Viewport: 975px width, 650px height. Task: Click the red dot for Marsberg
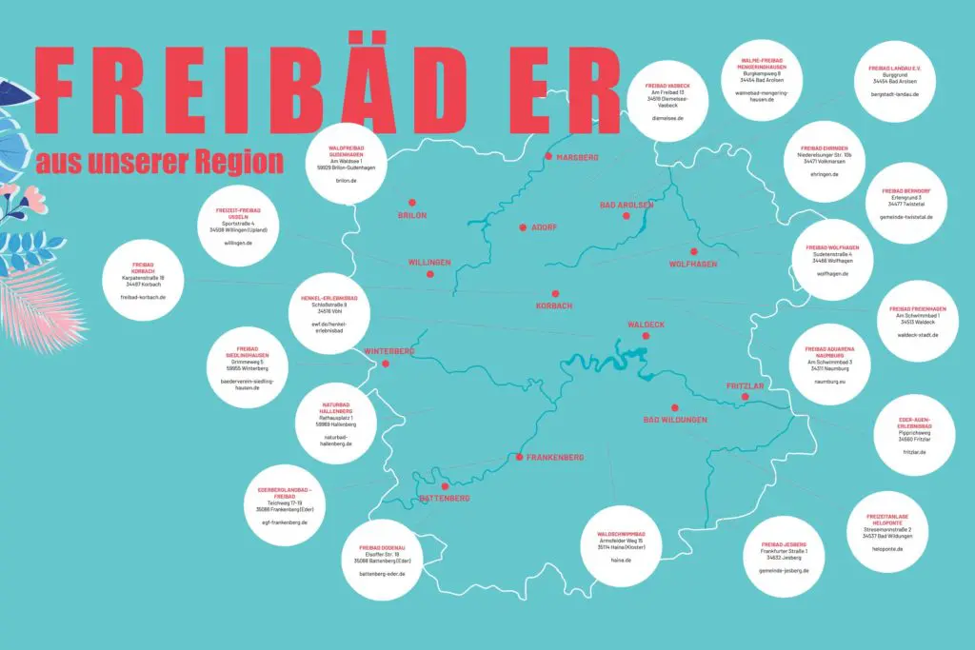(x=548, y=156)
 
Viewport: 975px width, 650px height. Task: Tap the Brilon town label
(x=412, y=216)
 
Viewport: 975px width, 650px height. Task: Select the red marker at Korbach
(x=554, y=294)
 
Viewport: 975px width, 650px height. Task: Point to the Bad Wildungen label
(x=676, y=420)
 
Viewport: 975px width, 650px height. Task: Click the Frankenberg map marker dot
(x=519, y=458)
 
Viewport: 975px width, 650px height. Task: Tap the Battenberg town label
(x=445, y=498)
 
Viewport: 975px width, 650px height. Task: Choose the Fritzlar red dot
(x=746, y=397)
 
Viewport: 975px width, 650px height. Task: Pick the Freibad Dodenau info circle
(x=383, y=561)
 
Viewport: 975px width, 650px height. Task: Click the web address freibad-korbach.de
(x=144, y=297)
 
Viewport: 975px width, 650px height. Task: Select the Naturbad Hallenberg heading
(x=336, y=407)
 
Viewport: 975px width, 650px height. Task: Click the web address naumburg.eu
(x=831, y=379)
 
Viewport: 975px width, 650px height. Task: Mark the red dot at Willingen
(x=429, y=274)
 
